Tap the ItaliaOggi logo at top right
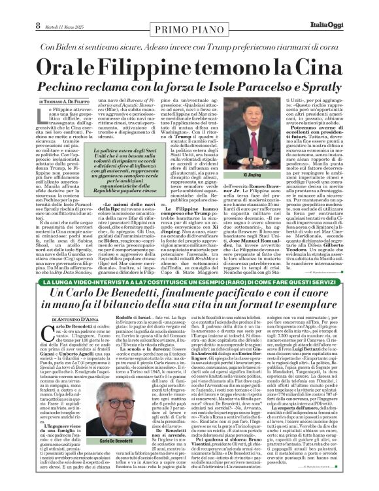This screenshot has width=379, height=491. click(349, 8)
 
